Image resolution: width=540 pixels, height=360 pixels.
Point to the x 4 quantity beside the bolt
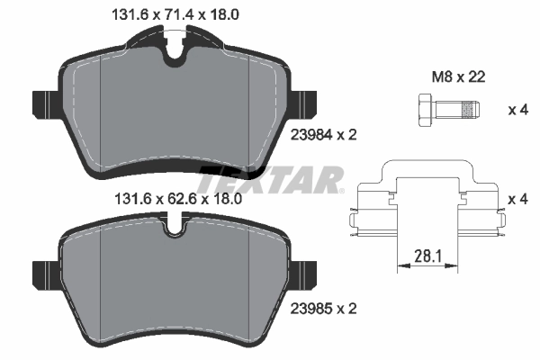pyautogui.click(x=517, y=110)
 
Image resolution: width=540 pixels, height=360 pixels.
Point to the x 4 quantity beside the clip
pyautogui.click(x=517, y=198)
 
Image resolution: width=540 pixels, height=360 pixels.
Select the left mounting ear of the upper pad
pyautogui.click(x=45, y=105)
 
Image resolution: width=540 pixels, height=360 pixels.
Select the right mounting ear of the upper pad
pyautogui.click(x=306, y=105)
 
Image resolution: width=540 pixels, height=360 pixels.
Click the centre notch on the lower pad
pyautogui.click(x=175, y=230)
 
